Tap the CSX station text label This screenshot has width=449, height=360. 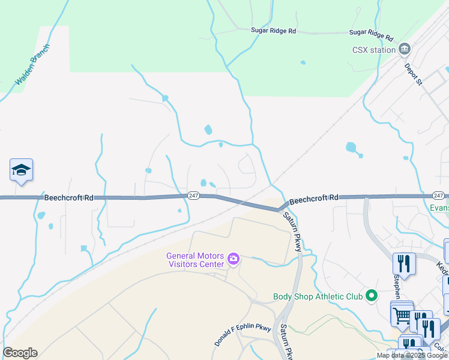(374, 50)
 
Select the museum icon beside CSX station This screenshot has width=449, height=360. (405, 49)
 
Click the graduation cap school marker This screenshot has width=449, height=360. (21, 170)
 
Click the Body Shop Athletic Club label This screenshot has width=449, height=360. (318, 296)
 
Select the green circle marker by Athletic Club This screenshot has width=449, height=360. (372, 295)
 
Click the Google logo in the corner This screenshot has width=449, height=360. (20, 353)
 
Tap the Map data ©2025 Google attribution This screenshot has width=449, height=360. (411, 355)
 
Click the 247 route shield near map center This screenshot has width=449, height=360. (193, 196)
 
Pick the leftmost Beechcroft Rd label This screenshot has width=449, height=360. (68, 197)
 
